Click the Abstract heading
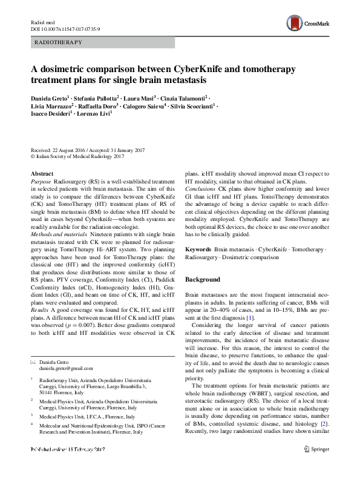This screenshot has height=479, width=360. pos(42,174)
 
